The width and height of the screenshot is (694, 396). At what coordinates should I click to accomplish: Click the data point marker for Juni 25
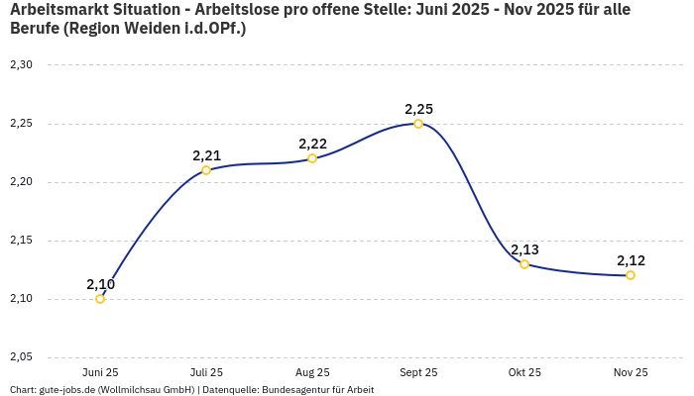click(100, 299)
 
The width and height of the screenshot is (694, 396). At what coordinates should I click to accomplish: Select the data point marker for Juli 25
click(206, 170)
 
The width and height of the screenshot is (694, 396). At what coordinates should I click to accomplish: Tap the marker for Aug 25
click(312, 158)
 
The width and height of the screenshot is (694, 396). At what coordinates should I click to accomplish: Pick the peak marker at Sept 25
click(418, 124)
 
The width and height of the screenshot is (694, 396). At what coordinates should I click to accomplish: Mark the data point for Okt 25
click(524, 264)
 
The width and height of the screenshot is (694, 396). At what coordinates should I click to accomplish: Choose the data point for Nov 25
click(631, 275)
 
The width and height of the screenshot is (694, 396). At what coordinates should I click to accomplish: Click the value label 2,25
click(418, 109)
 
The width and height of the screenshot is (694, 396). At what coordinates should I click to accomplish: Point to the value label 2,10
click(100, 284)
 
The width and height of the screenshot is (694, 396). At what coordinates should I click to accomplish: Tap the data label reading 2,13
click(524, 249)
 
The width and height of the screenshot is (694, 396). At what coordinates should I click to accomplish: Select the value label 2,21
click(206, 155)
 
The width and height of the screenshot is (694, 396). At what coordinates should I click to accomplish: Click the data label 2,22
click(312, 144)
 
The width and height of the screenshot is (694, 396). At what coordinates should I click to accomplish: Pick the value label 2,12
click(631, 260)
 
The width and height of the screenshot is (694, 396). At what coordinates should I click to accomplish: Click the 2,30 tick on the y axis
click(21, 65)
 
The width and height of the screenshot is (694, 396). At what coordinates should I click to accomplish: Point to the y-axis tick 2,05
click(21, 357)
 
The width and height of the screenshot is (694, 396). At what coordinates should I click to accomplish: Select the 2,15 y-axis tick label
click(21, 241)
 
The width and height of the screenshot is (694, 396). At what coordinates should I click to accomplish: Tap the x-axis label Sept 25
click(418, 373)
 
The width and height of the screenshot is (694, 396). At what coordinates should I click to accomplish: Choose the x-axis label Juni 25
click(100, 373)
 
